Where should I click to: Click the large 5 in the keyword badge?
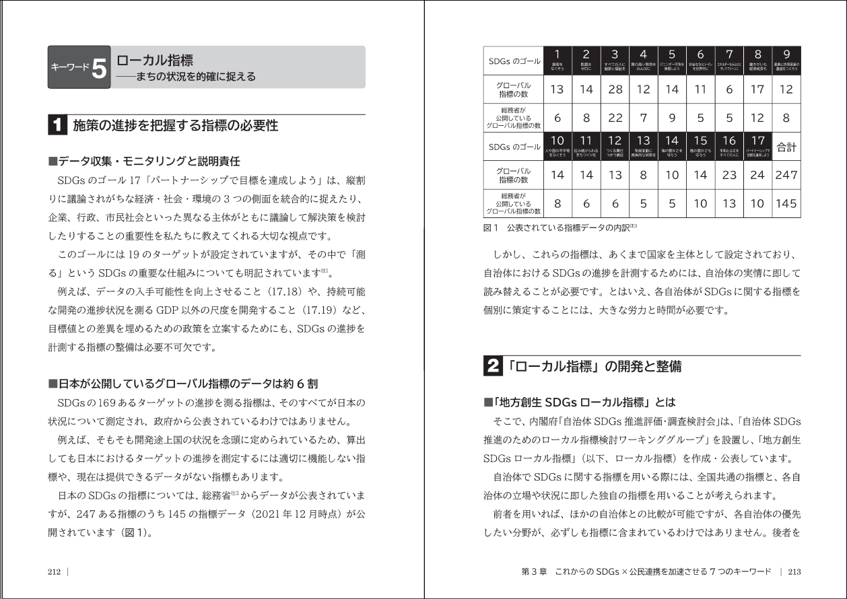pos(98,67)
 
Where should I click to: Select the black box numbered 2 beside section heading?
pos(493,367)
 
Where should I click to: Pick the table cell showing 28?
pos(615,90)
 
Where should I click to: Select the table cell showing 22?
pos(615,118)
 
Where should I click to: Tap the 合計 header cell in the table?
pos(786,147)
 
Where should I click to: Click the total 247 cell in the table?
pos(786,175)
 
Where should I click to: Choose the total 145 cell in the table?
pos(786,203)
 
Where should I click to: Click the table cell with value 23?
pos(729,175)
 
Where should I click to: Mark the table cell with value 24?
pos(757,175)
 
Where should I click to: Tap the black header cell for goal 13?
pos(643,146)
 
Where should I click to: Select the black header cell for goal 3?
pos(615,61)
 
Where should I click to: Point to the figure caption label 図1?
pos(490,227)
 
